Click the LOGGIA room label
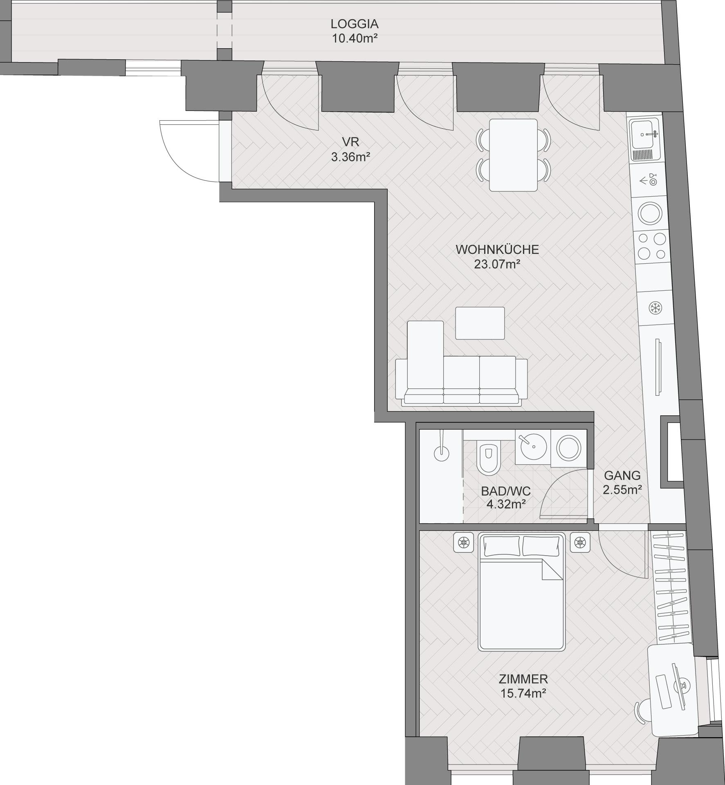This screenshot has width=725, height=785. point(354,24)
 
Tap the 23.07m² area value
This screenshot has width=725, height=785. point(497,264)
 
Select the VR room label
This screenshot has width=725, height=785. point(350,142)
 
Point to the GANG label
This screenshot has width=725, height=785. point(622,475)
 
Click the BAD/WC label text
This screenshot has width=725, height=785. point(506,491)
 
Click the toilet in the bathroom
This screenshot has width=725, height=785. point(488,458)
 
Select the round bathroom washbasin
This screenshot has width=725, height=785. point(533,447)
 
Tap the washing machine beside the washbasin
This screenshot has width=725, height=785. point(568,448)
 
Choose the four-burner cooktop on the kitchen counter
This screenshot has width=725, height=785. point(651,246)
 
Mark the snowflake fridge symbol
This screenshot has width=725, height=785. point(655,308)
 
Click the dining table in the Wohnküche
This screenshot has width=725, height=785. point(513,155)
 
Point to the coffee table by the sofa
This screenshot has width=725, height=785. point(480,323)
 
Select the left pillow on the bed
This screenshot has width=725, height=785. point(502,546)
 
